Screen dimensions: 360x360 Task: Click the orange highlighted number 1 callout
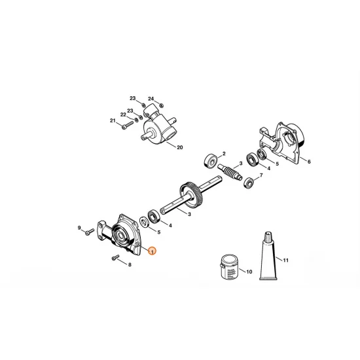coord(153,251)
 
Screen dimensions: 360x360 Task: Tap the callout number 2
coord(223,151)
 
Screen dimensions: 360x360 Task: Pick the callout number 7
coord(261,176)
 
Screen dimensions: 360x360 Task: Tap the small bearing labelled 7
coord(249,181)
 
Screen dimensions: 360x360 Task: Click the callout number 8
coord(129,264)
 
